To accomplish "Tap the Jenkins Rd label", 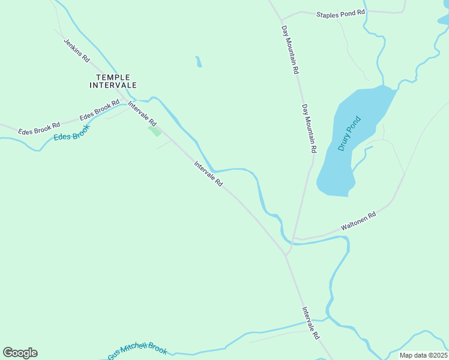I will coord(76,50).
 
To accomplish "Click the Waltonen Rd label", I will coord(358,221).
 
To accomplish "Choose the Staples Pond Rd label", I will coord(340,13).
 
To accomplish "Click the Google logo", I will coord(20,353).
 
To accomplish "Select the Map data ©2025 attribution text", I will coord(423,355).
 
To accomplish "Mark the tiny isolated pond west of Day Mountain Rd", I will coord(199,62).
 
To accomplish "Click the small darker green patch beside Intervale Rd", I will coord(155,130).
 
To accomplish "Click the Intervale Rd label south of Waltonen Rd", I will coord(310,324).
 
